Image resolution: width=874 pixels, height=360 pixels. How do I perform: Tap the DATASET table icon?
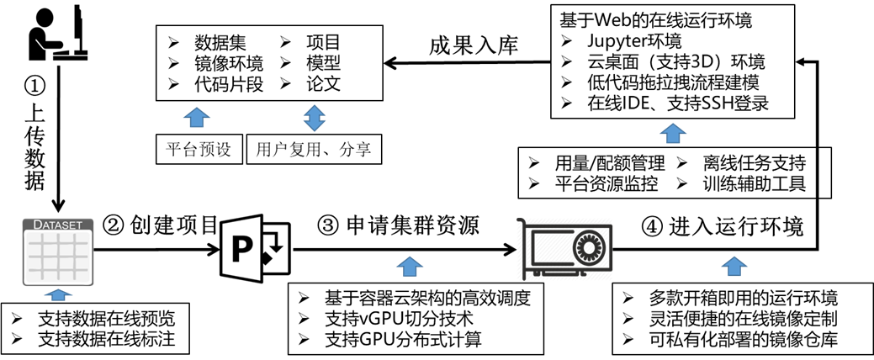tap(57, 251)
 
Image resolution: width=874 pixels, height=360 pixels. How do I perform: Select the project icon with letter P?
tap(255, 248)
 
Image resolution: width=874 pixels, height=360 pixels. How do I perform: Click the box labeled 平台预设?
tap(199, 149)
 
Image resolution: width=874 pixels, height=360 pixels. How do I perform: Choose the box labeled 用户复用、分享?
tap(314, 149)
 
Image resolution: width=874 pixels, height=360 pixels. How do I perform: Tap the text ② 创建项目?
tap(160, 225)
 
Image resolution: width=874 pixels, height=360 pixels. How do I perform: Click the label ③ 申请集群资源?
tap(398, 225)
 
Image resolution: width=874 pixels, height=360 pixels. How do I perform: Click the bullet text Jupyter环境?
tap(634, 42)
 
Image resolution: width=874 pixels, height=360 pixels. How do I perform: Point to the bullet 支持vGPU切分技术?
tap(398, 320)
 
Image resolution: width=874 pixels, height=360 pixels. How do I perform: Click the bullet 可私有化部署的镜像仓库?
tap(743, 339)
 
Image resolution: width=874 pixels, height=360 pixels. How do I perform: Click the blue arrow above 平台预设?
tap(197, 117)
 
